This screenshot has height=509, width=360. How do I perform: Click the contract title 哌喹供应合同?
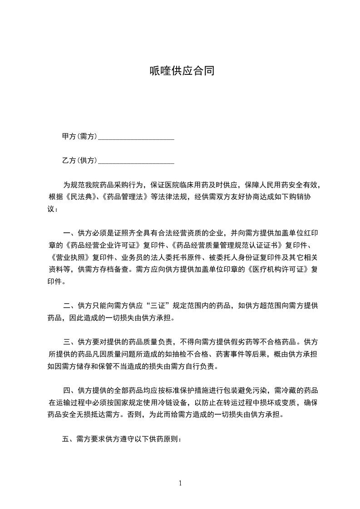pyautogui.click(x=182, y=71)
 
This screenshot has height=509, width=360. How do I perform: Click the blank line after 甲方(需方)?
pyautogui.click(x=136, y=137)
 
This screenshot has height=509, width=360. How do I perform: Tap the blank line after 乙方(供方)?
pyautogui.click(x=136, y=161)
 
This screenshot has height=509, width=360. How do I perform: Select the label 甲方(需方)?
pyautogui.click(x=79, y=137)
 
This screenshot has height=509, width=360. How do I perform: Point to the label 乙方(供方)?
pyautogui.click(x=79, y=161)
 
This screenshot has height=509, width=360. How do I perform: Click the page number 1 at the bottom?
pyautogui.click(x=180, y=483)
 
